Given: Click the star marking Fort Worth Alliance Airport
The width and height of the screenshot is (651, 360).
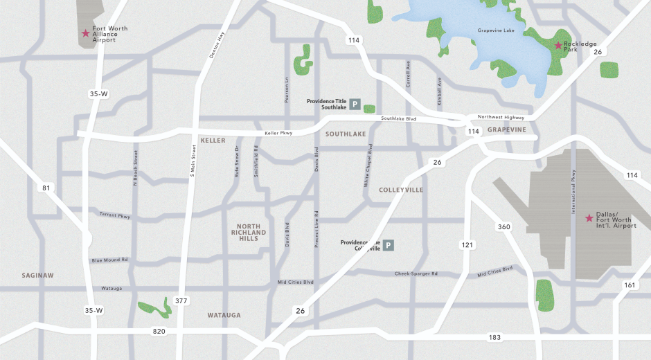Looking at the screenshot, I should (86, 33).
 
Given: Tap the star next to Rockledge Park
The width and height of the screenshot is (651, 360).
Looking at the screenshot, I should (558, 45).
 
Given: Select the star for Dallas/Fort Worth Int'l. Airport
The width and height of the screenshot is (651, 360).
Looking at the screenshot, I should (589, 218).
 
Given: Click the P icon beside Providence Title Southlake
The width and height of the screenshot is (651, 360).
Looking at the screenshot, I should (355, 105).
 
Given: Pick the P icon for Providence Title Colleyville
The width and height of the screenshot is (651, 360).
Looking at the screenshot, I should (389, 245).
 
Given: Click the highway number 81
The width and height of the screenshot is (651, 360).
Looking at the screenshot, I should (46, 188).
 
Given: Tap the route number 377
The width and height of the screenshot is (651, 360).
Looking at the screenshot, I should (181, 301).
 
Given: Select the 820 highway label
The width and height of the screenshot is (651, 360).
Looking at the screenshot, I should (159, 332).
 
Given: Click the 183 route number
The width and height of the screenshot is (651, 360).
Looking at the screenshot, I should (494, 337).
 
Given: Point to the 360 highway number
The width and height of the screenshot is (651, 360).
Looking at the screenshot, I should (503, 227).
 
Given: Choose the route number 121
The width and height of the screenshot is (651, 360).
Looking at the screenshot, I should (468, 245).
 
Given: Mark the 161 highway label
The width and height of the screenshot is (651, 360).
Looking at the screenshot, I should (629, 285).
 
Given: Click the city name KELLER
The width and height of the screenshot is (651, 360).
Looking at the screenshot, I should (213, 141).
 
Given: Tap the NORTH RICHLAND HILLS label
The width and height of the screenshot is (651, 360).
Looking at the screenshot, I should (248, 232).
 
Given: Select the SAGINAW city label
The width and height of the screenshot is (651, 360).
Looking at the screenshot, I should (37, 275).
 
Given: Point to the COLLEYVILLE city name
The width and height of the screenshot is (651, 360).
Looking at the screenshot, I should (401, 190).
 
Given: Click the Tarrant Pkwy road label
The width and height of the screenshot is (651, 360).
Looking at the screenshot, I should (114, 216).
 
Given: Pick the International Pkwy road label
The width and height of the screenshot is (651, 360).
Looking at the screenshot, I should (573, 191).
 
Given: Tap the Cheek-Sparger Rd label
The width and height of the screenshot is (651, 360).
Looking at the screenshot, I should (416, 273).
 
